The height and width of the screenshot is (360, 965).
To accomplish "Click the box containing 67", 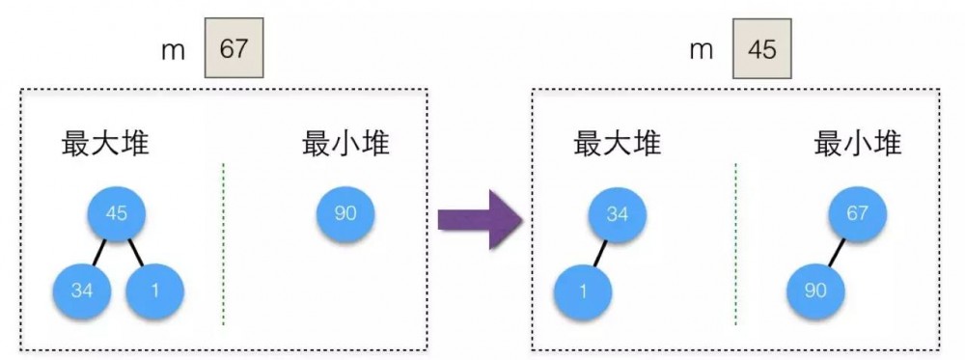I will tap(234, 49).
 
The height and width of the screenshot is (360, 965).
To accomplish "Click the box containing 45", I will tap(761, 49).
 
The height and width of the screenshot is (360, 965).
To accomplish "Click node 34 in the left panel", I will tap(83, 290).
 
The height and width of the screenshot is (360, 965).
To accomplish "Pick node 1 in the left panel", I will tap(154, 290).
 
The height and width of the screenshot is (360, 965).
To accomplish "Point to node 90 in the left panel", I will tap(345, 213).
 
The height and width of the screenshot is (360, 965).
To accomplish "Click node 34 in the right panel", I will tap(618, 214).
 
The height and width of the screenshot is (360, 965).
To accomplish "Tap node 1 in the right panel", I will tap(583, 291).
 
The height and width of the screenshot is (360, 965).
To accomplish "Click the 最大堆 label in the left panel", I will tap(105, 145).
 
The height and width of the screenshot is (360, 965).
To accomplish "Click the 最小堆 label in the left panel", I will tap(346, 145).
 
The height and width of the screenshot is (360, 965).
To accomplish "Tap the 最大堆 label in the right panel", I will tap(617, 145).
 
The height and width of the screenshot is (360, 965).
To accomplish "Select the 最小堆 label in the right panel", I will tap(858, 145).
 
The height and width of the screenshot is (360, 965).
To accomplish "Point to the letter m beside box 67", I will tap(174, 51).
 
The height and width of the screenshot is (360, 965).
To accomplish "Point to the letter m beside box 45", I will tap(702, 51).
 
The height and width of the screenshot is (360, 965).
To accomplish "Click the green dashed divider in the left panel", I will tap(223, 241).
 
